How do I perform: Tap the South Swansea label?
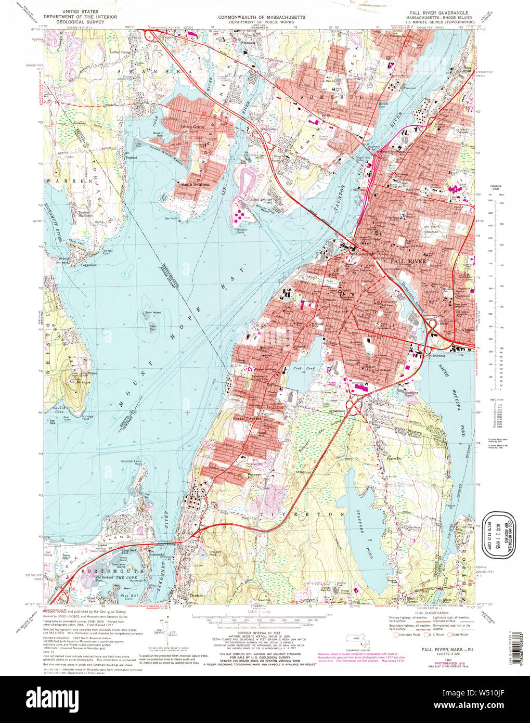pos(196,184)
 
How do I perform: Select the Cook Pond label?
pos(297,368)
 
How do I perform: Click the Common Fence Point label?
pos(132,462)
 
